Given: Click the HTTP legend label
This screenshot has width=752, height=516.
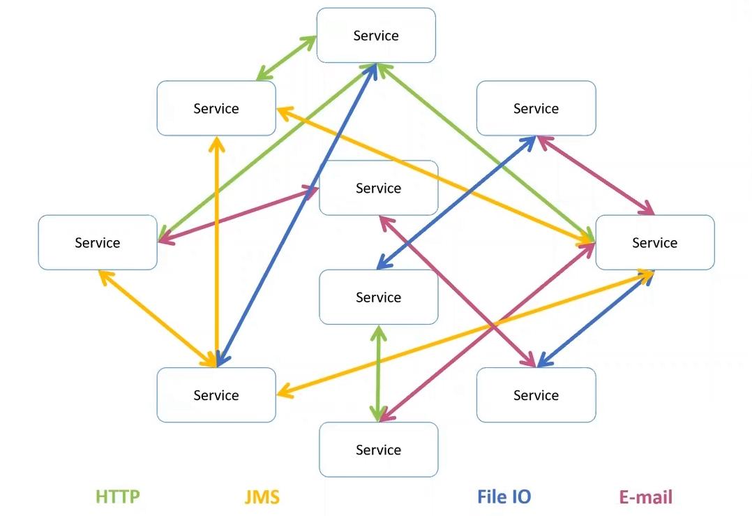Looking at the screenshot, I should click(x=118, y=497).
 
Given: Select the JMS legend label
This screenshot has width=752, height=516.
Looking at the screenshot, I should click(x=262, y=497).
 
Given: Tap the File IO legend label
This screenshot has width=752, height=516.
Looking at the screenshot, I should click(x=504, y=497).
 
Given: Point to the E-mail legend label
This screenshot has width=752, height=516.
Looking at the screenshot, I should click(x=646, y=497).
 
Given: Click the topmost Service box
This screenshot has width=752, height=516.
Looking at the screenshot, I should click(x=376, y=36).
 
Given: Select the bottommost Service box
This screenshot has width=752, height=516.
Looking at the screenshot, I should click(x=378, y=450).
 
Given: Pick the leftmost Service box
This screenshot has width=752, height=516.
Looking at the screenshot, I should click(x=98, y=242).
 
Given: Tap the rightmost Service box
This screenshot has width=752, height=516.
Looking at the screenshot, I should click(x=654, y=242).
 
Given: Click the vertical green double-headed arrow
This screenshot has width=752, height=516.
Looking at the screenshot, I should click(x=378, y=374).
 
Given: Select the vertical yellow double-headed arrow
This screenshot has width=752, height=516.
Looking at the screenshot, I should click(x=218, y=251).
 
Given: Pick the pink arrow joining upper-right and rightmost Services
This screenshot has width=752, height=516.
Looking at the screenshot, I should click(x=594, y=175).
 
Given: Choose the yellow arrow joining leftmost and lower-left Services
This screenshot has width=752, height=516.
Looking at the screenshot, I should click(x=158, y=318).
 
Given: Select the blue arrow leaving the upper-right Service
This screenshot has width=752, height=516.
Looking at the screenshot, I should click(x=456, y=202).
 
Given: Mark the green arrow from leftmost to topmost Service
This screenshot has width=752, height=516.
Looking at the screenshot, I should click(x=265, y=151).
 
